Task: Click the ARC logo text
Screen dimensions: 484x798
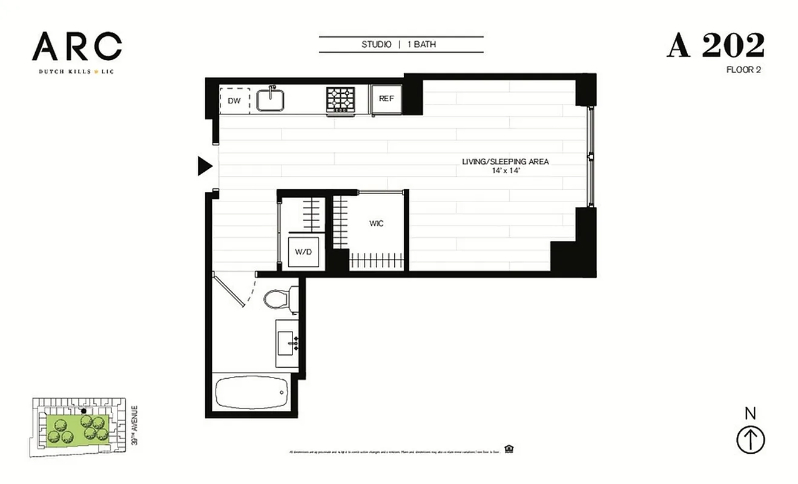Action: (77, 47)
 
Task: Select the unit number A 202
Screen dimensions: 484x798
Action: (716, 46)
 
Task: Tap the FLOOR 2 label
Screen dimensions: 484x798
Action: (743, 70)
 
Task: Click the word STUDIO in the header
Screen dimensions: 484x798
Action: (377, 45)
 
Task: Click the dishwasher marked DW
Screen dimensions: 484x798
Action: (234, 100)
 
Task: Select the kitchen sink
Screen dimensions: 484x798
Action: (271, 99)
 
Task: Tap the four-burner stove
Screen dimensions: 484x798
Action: (341, 100)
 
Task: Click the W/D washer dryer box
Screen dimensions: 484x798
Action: (303, 252)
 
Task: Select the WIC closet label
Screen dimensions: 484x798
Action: (376, 224)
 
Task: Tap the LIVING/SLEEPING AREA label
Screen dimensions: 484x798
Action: (505, 162)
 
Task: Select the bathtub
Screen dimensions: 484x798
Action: (251, 393)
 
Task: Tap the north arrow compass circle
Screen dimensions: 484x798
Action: (750, 440)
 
